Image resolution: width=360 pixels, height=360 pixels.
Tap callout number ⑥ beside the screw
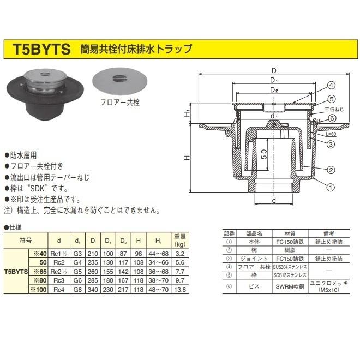tap(332, 119)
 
